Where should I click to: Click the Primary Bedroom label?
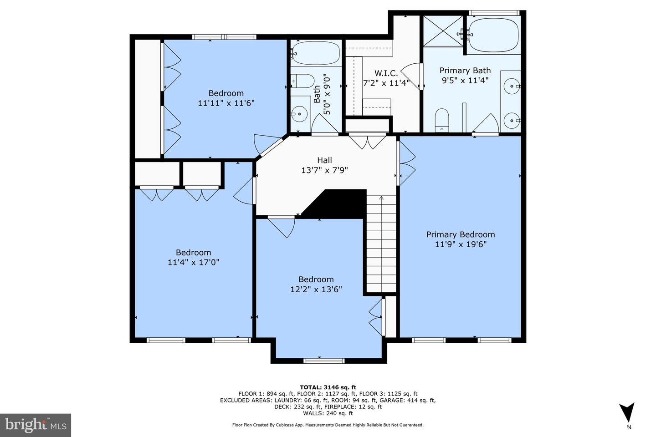coord(461,235)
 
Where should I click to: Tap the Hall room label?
coord(324,160)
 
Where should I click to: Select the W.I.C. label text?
coord(386,73)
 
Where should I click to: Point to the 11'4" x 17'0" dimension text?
coord(193,262)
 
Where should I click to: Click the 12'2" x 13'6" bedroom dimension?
coord(316,290)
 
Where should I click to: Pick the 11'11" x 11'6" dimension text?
coord(226,103)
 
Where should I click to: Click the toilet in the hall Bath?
coord(302,81)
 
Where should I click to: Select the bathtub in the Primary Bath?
coord(493,35)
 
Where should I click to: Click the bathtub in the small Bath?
coord(316,53)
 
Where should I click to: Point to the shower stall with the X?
coord(443,31)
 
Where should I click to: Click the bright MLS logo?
coord(36,425)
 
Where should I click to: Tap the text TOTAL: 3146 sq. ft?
coord(328,387)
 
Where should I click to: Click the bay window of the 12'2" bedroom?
coord(324,361)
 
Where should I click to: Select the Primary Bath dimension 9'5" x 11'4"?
coord(465,81)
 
